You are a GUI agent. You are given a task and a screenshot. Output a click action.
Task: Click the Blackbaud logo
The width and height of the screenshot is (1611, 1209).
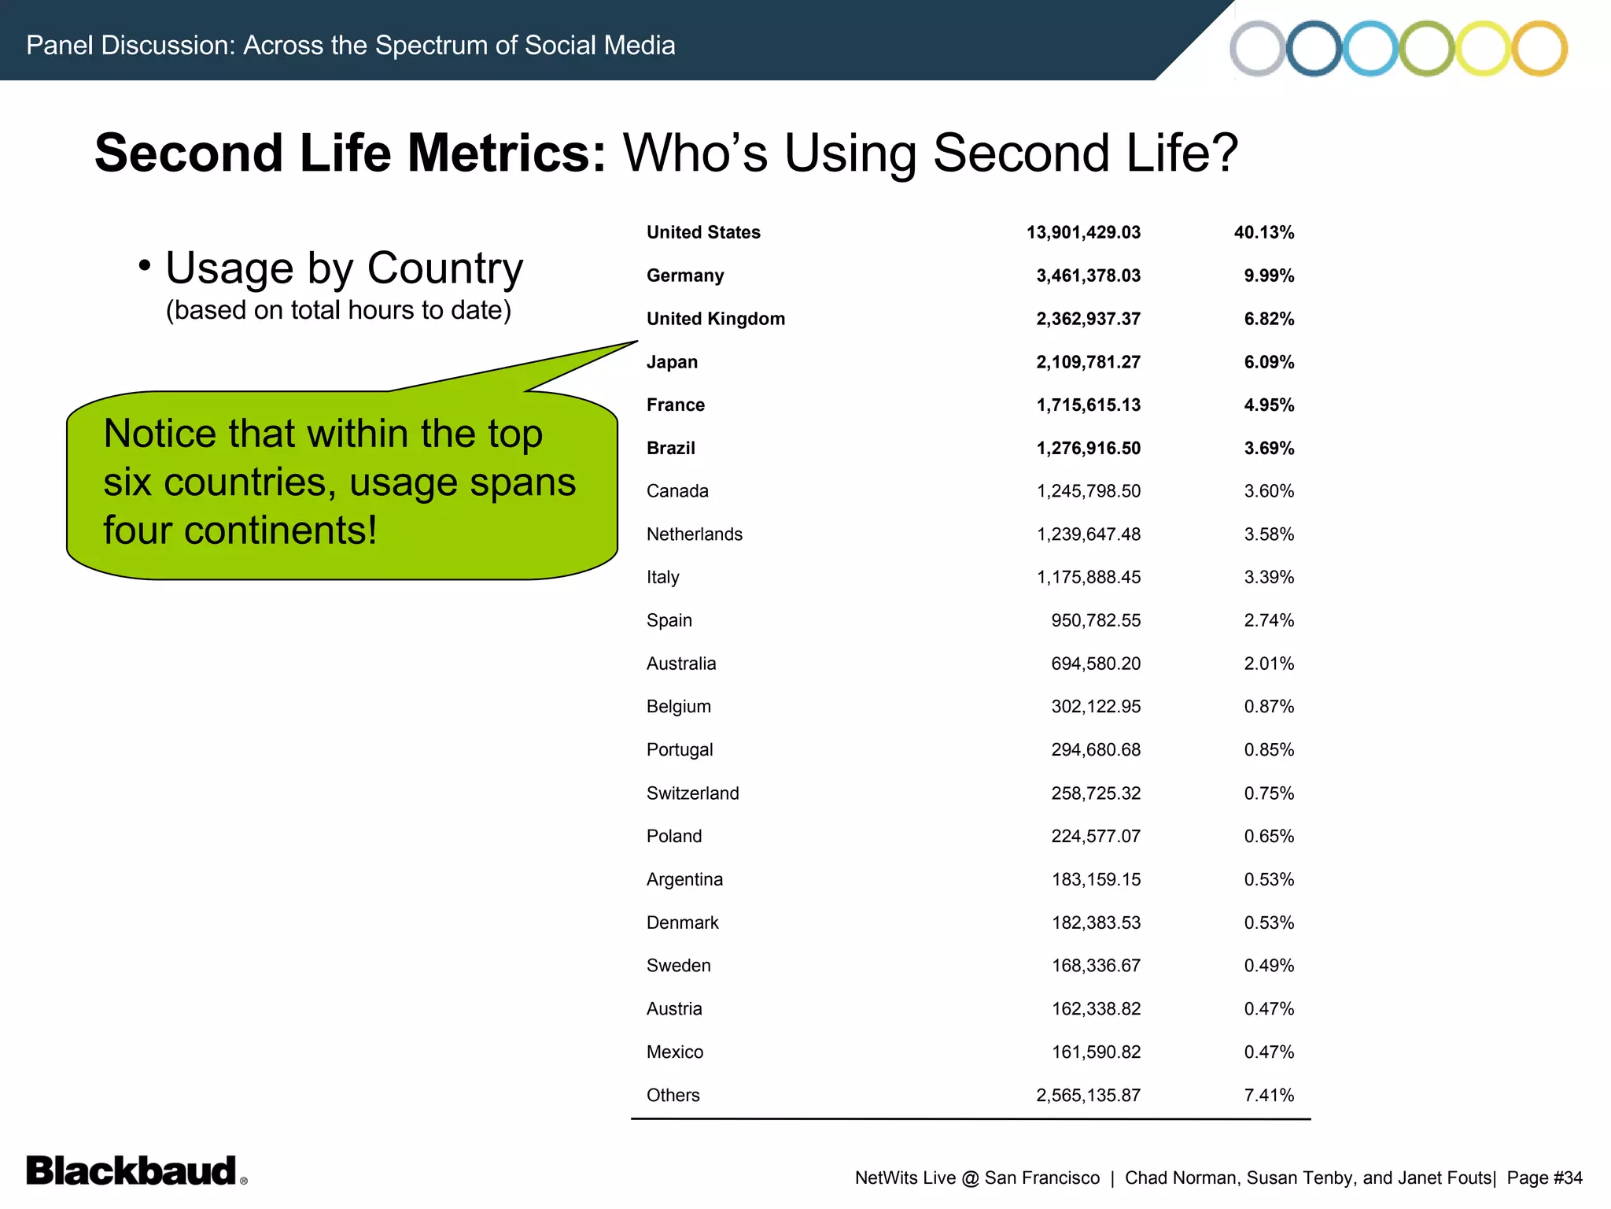tap(132, 1170)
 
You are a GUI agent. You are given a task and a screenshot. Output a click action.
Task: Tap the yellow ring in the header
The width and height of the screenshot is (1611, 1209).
tap(1482, 48)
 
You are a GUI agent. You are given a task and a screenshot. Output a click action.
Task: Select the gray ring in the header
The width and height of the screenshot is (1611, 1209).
tap(1257, 48)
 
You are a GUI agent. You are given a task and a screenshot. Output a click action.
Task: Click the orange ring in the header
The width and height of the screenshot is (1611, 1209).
tap(1539, 48)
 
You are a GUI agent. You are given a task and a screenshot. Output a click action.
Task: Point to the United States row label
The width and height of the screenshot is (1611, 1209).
tap(703, 232)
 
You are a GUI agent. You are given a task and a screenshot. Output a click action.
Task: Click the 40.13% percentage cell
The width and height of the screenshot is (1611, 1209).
tap(1263, 232)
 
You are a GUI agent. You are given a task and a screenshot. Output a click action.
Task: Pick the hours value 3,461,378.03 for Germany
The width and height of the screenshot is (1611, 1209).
tap(1088, 275)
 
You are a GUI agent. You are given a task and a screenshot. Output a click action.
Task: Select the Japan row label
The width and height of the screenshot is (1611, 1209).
tap(672, 362)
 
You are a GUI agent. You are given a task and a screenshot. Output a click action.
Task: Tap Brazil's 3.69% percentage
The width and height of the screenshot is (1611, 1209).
tap(1269, 448)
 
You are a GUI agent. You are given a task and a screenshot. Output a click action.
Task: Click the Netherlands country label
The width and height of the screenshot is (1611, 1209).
tap(694, 534)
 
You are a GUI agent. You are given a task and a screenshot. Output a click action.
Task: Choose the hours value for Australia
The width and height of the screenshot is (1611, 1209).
tap(1096, 664)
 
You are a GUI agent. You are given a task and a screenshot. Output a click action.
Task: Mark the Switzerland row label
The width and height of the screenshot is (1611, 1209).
tap(692, 793)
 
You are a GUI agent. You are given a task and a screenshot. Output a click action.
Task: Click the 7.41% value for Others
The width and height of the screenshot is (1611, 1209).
tap(1269, 1095)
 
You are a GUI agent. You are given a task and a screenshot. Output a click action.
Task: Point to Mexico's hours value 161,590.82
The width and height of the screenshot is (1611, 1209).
tap(1096, 1052)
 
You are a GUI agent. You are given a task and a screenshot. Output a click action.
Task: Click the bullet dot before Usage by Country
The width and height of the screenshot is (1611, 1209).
tap(144, 266)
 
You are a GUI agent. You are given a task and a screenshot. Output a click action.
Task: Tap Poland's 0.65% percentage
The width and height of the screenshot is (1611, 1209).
tap(1269, 836)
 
